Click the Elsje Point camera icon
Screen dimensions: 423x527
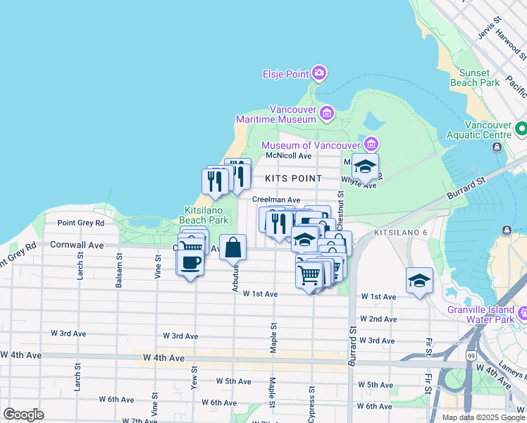[x=319, y=73]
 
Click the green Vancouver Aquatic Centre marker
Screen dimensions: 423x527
[x=521, y=129]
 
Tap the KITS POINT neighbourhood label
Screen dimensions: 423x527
[x=293, y=178]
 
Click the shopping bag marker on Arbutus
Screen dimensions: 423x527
[x=233, y=249]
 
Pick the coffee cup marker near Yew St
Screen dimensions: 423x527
[x=190, y=263]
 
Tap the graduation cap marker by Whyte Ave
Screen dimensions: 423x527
[x=365, y=167]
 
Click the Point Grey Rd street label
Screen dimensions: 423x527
[x=80, y=223]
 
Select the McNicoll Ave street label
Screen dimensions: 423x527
[x=287, y=156]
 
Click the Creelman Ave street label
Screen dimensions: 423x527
[x=276, y=200]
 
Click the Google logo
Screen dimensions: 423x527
[x=24, y=414]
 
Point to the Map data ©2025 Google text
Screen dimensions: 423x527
[x=483, y=417]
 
